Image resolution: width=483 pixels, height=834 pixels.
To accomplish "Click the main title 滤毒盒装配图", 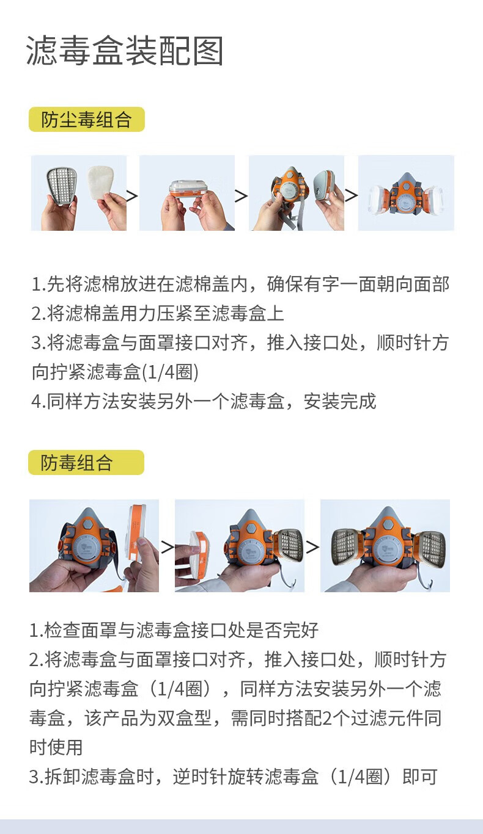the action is pos(125,51).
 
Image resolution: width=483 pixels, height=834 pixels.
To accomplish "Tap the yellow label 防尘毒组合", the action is pos(87,120).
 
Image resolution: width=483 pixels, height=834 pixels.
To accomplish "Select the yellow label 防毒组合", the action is pos(86,462).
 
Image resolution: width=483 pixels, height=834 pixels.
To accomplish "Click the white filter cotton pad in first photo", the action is pos(100,184).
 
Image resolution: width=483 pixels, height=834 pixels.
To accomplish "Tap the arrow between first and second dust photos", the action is pos(132,196).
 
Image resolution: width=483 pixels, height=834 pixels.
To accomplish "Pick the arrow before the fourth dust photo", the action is pos(350,195).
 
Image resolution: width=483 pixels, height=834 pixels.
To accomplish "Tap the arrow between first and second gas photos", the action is pos(167,547).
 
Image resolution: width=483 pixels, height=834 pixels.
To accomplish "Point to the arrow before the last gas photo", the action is pos(312,547).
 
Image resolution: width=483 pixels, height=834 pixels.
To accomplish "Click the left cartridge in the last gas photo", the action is pos(347,547).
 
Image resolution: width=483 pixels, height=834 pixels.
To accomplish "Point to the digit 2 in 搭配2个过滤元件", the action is pos(327,718).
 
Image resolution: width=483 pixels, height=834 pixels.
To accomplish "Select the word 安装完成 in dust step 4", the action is pos(340,401).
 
